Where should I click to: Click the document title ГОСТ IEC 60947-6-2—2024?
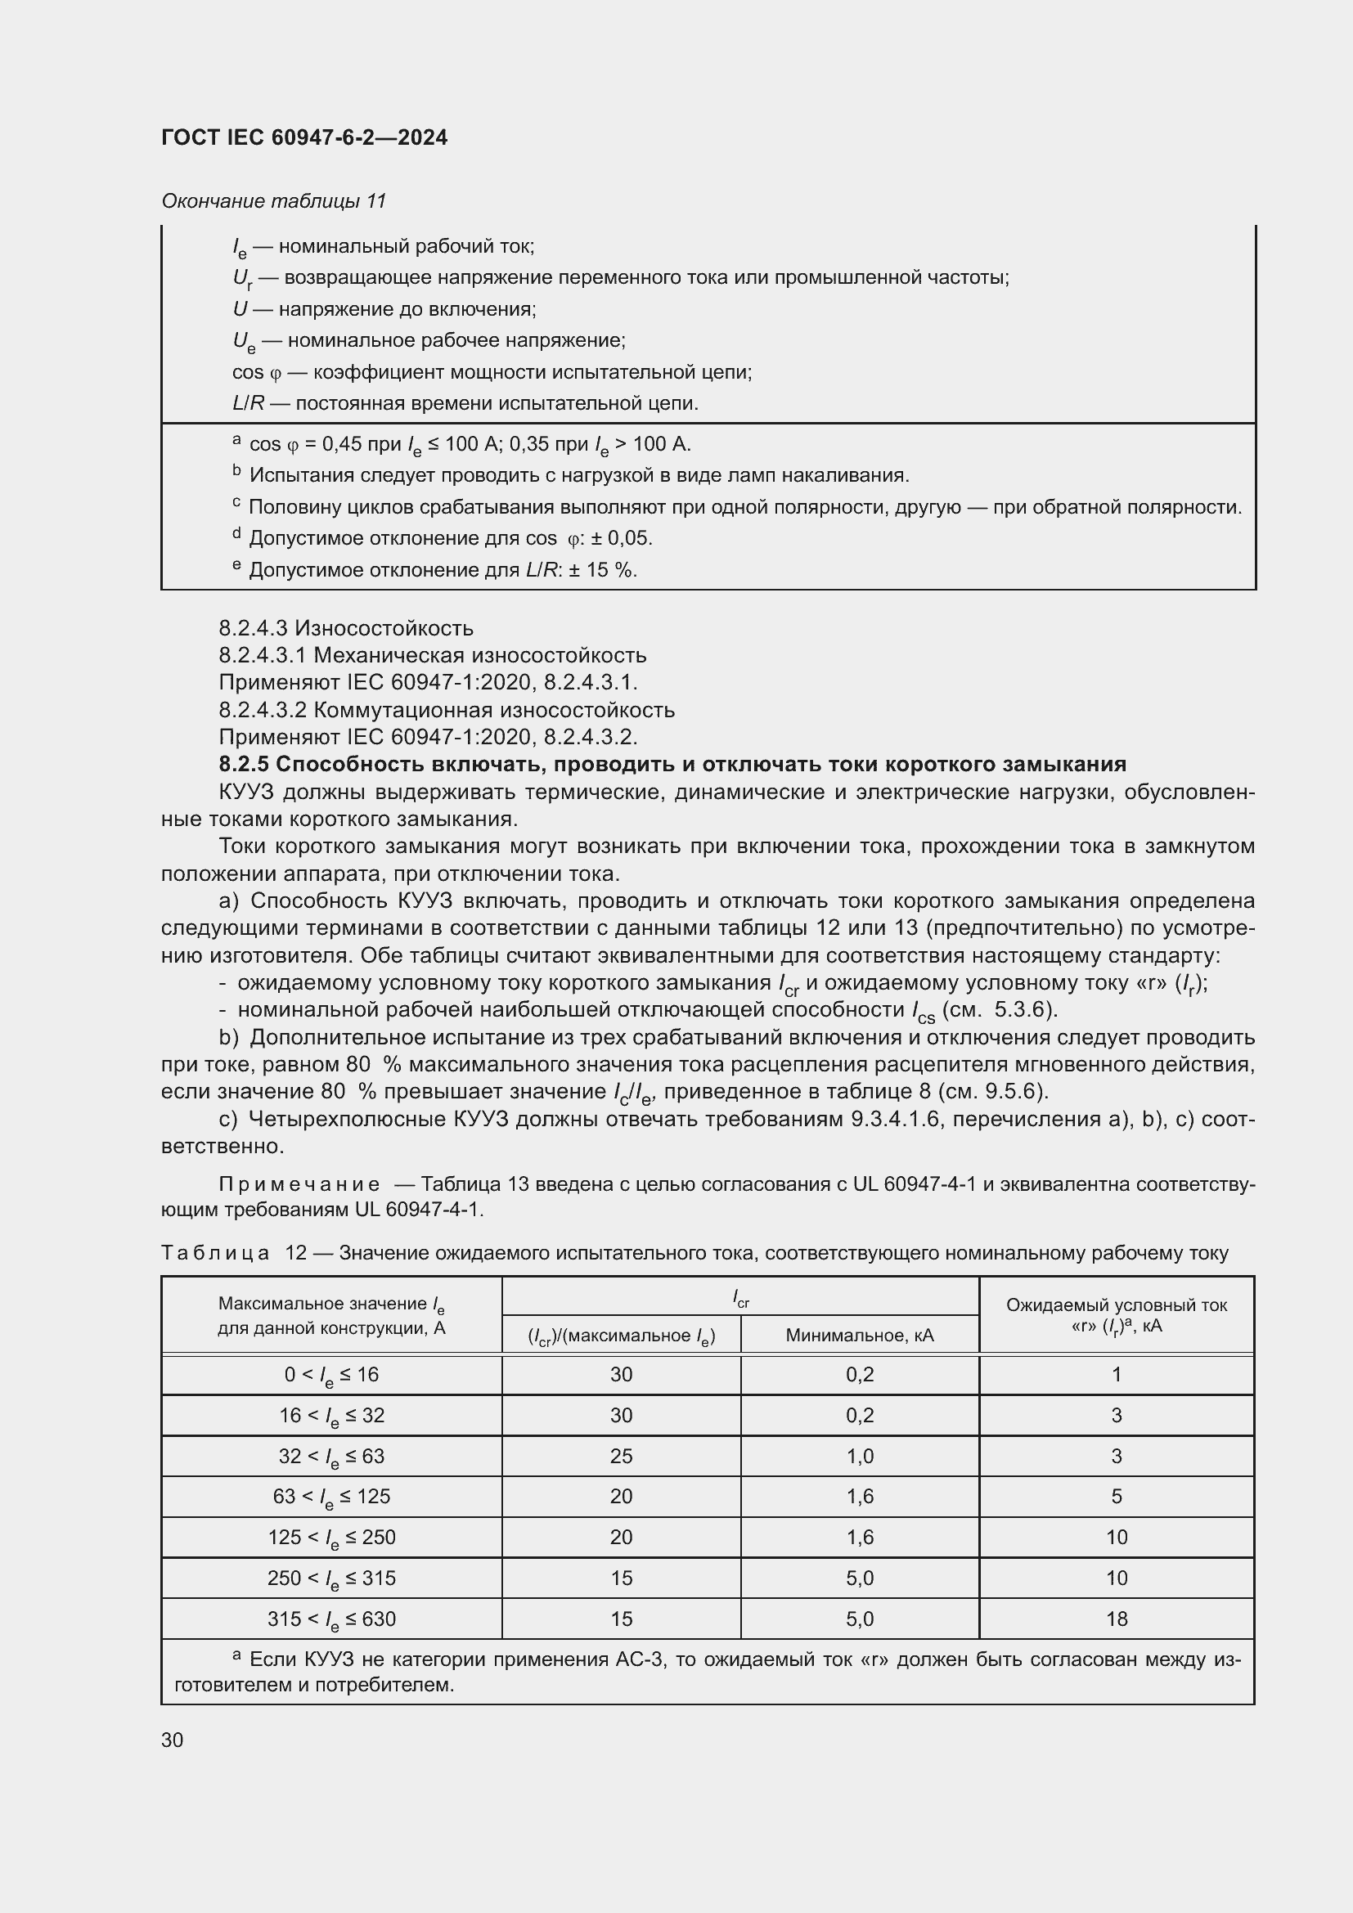[304, 137]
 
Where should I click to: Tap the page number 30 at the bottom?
[173, 1740]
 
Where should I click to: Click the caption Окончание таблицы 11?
[273, 201]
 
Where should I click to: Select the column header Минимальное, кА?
[859, 1336]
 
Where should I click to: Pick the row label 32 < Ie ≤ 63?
[330, 1456]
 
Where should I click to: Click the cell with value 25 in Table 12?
[621, 1456]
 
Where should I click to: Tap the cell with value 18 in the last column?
[1116, 1618]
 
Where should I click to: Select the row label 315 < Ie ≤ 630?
[330, 1618]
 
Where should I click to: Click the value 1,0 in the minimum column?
[859, 1456]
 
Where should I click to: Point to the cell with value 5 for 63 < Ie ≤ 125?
[1116, 1496]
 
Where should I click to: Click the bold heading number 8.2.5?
[243, 764]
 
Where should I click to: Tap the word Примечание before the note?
[299, 1184]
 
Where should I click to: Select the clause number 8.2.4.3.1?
[263, 655]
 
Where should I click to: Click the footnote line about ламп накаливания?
[578, 475]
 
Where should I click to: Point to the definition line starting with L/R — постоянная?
[465, 403]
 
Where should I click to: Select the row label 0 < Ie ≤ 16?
[330, 1374]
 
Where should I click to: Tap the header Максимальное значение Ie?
[330, 1304]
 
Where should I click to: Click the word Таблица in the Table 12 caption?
[214, 1252]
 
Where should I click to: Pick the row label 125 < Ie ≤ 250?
[330, 1537]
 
